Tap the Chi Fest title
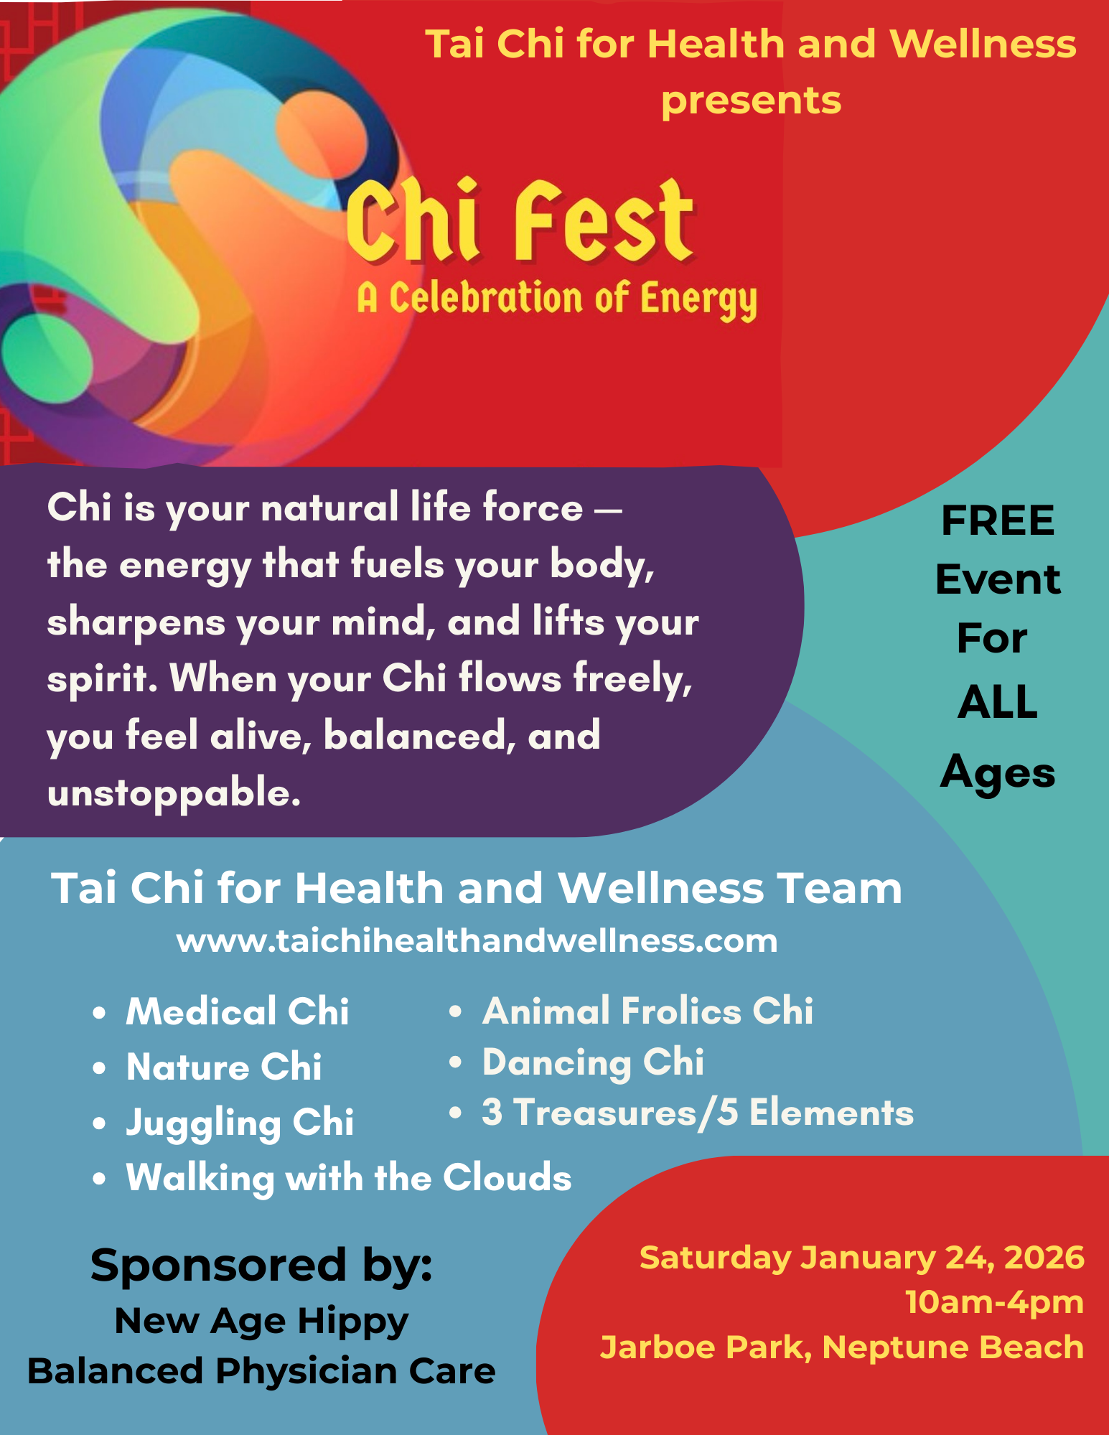520,220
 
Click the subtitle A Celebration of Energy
557,299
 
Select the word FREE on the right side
998,520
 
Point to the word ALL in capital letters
998,701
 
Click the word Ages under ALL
998,773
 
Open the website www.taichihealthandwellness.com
477,941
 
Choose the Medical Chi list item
238,1011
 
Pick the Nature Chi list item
224,1067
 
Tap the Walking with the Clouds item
349,1179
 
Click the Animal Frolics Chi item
648,1011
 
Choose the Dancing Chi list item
593,1063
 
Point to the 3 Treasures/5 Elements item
698,1113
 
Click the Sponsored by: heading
261,1266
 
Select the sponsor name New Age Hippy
261,1322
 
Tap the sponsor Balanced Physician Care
261,1372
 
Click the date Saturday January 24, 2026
861,1258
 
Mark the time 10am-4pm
994,1302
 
